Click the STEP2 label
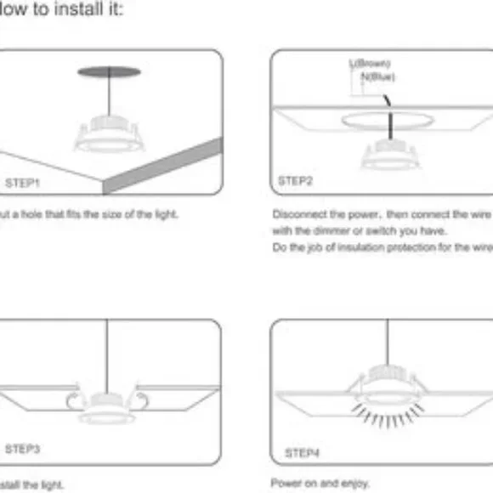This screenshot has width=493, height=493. tap(296, 181)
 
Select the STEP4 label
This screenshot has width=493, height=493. tap(302, 452)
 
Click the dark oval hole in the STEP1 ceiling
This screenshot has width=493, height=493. tap(109, 72)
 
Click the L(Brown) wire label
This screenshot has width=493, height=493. tap(370, 64)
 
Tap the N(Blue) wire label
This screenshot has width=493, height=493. tap(377, 76)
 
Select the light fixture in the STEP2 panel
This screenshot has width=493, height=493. tap(391, 155)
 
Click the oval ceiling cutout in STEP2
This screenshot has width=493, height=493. tap(384, 122)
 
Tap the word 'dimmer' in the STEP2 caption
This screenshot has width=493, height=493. tap(327, 230)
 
